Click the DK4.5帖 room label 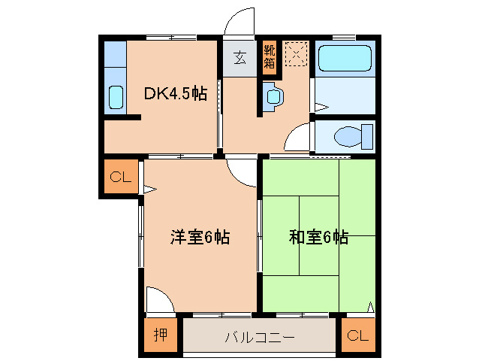point(175,94)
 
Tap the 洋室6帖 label point(199,238)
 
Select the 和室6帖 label point(318,238)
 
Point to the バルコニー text point(259,337)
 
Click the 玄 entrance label point(239,58)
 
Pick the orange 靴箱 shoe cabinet point(269,57)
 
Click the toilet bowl point(348,137)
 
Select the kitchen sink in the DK point(116,96)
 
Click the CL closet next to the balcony point(357,336)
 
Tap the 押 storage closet point(160,335)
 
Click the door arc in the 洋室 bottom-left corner point(160,299)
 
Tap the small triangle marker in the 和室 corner point(370,306)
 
